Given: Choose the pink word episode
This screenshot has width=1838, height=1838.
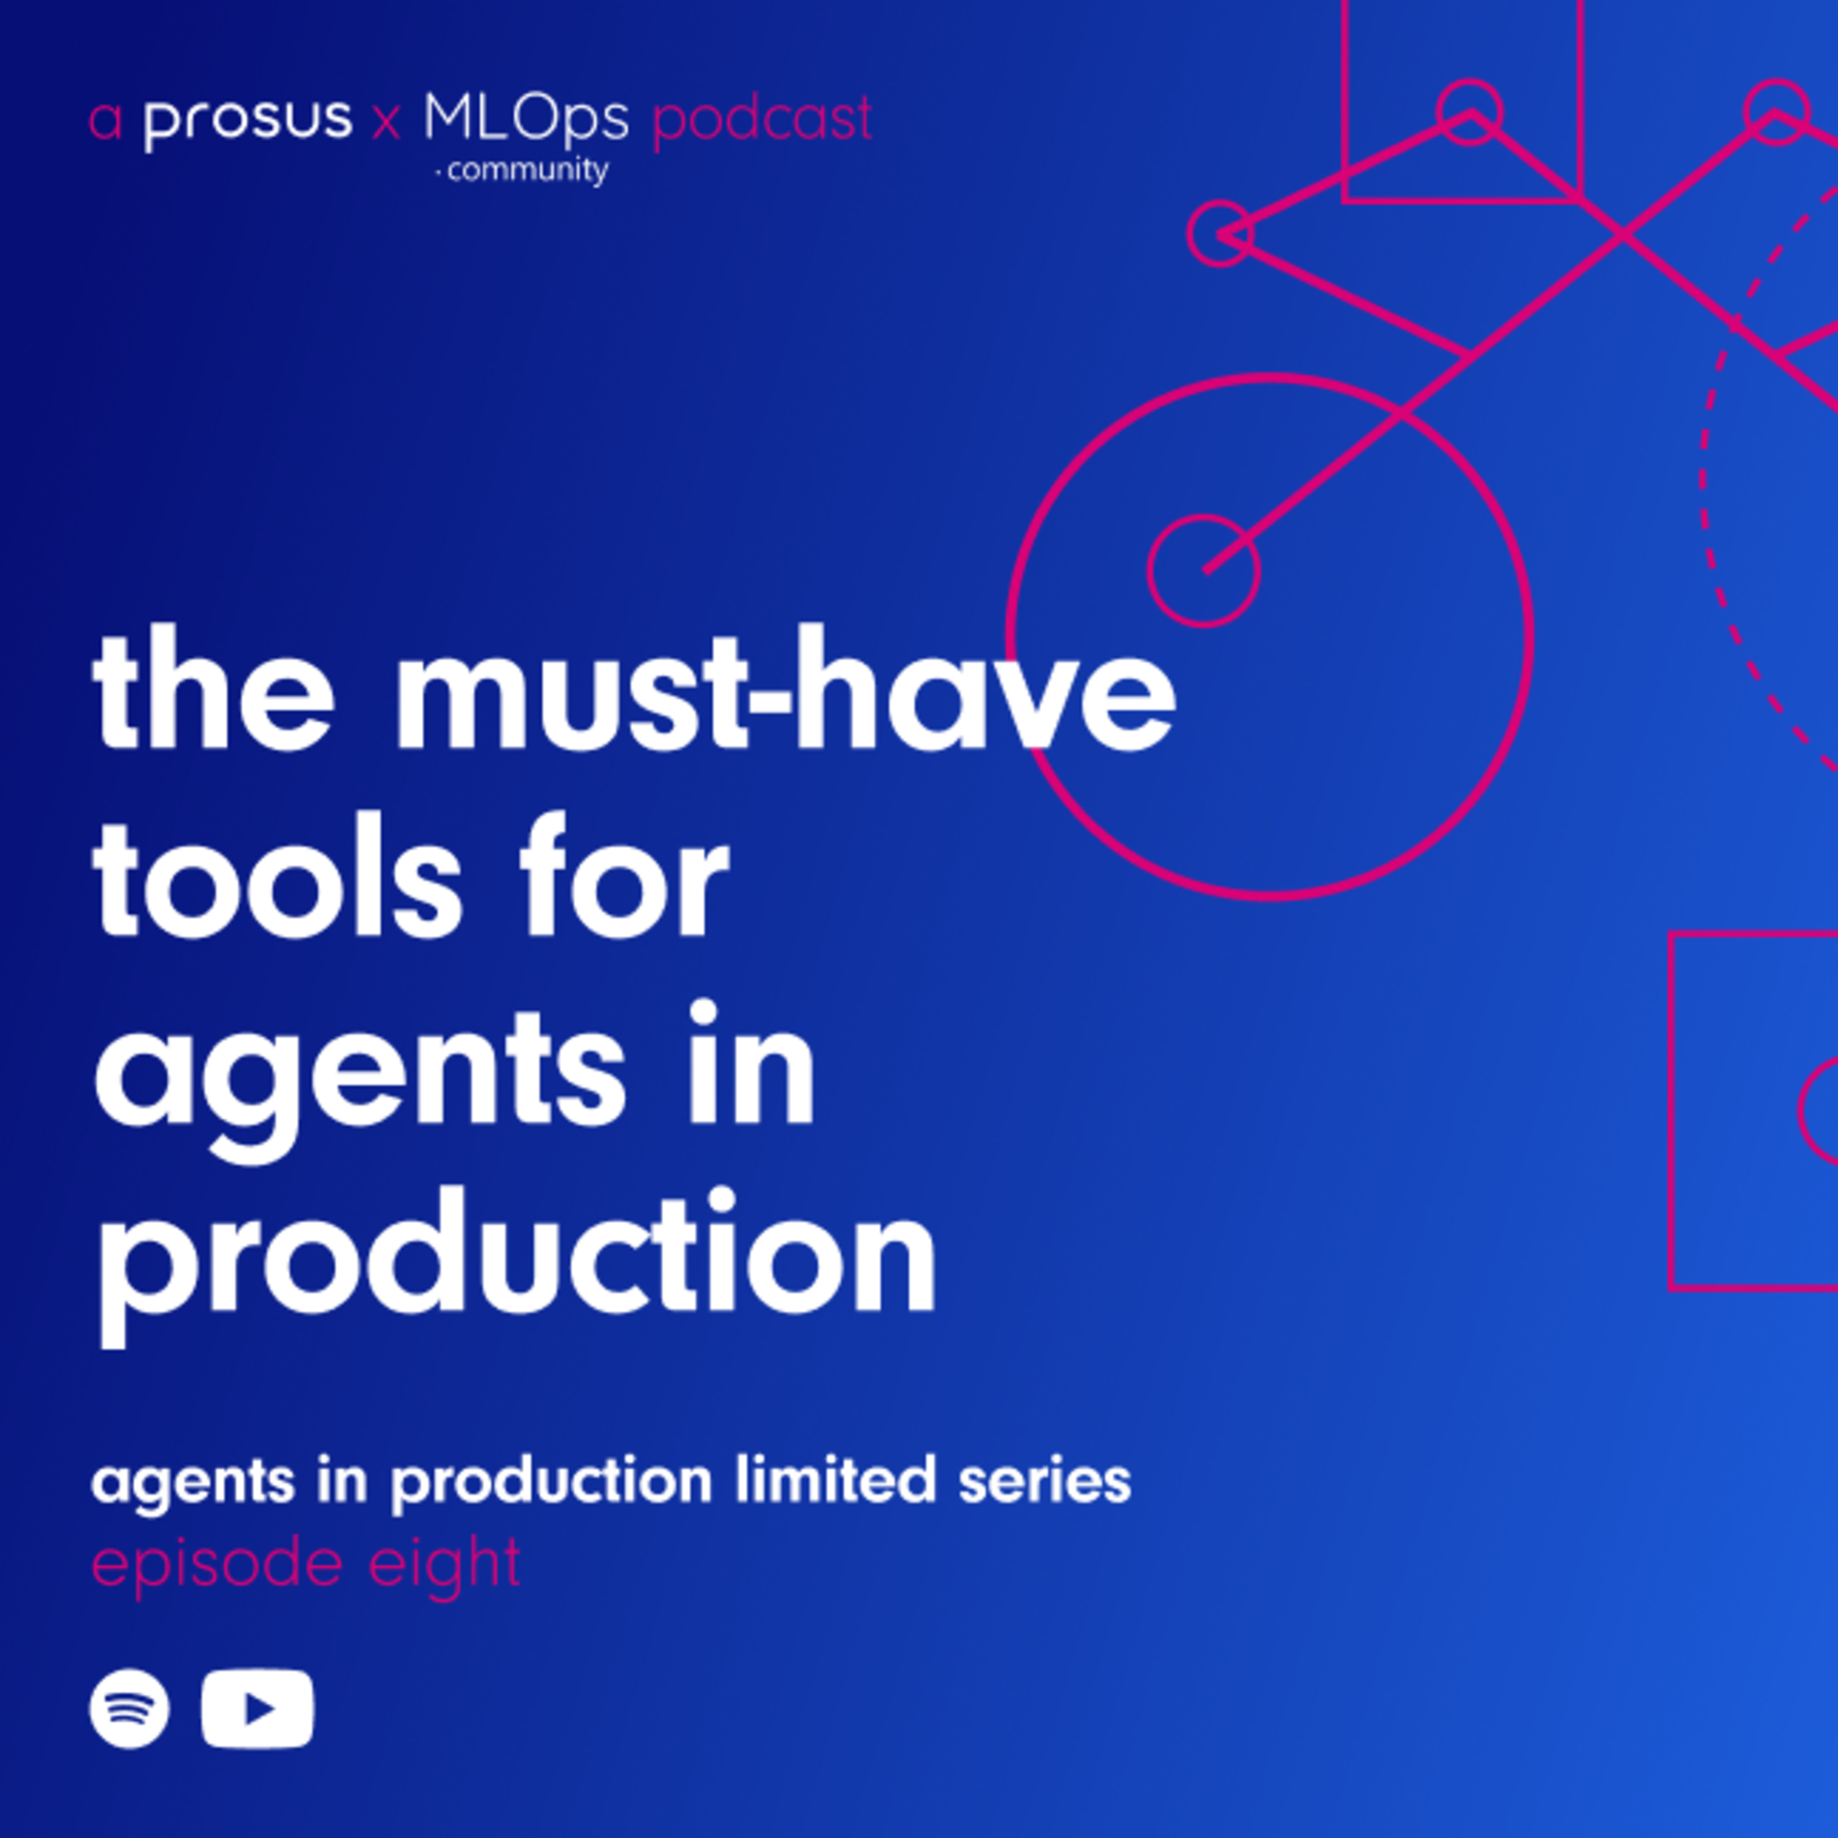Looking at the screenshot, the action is coord(216,1565).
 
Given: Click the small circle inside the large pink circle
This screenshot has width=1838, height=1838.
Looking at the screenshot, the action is coord(1203,571).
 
